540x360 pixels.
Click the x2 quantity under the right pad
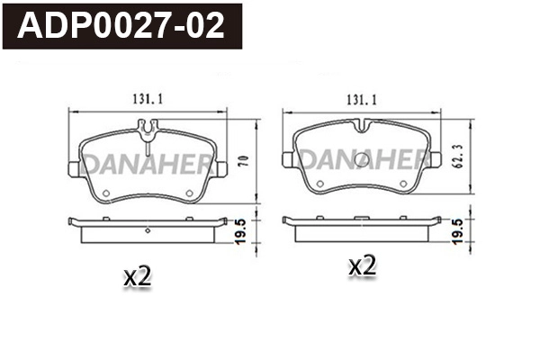[361, 266]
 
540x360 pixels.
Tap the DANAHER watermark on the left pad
[144, 165]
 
